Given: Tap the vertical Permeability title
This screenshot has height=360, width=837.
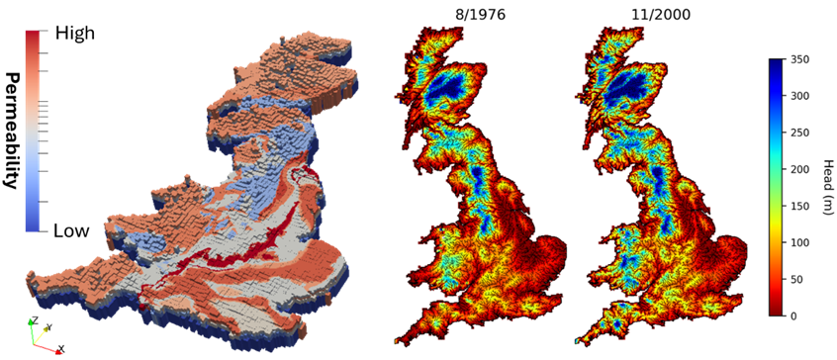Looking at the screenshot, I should tap(13, 130).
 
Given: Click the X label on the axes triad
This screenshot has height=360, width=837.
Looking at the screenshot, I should tap(60, 349).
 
